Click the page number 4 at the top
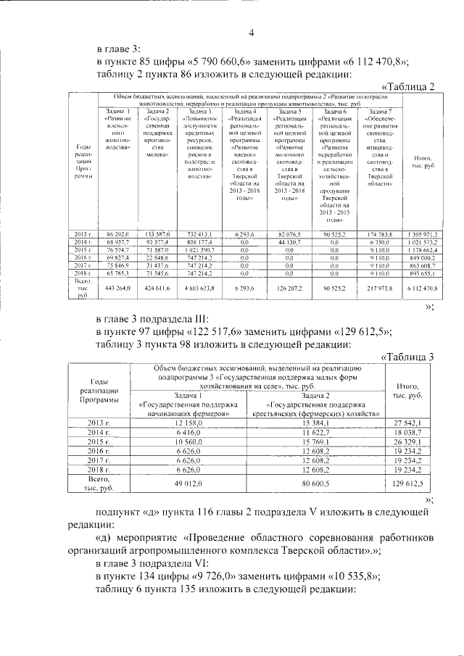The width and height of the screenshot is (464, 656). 252,32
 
